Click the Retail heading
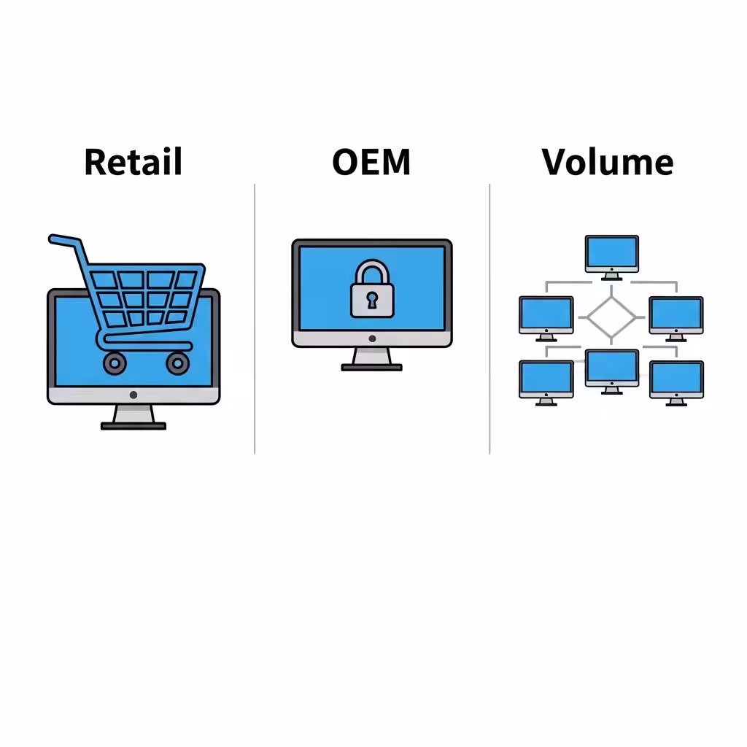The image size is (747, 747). [x=133, y=162]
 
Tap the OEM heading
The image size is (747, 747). [x=371, y=162]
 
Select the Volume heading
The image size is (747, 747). [x=608, y=162]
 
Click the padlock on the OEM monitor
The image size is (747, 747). [x=372, y=289]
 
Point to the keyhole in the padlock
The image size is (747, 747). [x=372, y=301]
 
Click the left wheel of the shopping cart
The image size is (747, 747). [x=115, y=363]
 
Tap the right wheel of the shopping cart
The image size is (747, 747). [x=178, y=363]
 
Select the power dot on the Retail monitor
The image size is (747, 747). [x=133, y=395]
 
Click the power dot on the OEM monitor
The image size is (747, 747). [x=372, y=338]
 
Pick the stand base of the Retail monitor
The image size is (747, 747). [x=133, y=426]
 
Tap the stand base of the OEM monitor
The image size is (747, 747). [x=371, y=368]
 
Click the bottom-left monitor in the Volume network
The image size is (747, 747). [x=546, y=383]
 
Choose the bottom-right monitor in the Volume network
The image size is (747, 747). [x=676, y=383]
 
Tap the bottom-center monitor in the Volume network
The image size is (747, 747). [x=612, y=371]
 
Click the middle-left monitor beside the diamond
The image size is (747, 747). [x=546, y=319]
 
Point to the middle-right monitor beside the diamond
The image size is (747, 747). [x=676, y=319]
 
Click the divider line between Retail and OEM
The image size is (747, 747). [x=255, y=319]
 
